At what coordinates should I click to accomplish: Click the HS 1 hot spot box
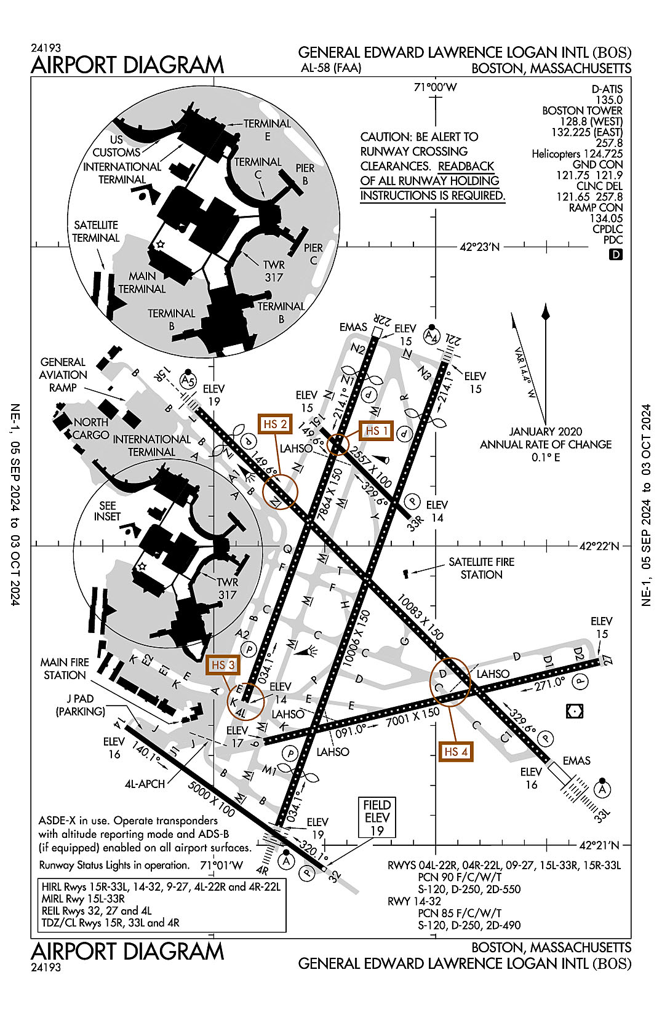(377, 431)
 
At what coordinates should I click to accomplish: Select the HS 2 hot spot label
(275, 424)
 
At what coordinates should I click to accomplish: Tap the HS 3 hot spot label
(223, 665)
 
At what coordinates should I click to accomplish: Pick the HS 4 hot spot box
(456, 752)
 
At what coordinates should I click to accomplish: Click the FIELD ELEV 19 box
(377, 818)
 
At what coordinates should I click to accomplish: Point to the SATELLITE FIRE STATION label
(481, 568)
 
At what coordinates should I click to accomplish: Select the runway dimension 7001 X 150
(412, 718)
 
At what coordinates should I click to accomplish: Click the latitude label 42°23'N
(479, 247)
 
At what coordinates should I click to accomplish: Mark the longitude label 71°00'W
(435, 87)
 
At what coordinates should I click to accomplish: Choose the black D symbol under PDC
(615, 254)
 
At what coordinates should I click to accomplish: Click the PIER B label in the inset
(305, 174)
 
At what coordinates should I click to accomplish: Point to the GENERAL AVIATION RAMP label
(63, 375)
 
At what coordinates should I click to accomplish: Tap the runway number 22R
(383, 320)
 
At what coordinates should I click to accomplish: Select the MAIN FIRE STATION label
(65, 669)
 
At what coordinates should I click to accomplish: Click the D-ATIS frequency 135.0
(608, 100)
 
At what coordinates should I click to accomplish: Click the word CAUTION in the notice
(385, 137)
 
